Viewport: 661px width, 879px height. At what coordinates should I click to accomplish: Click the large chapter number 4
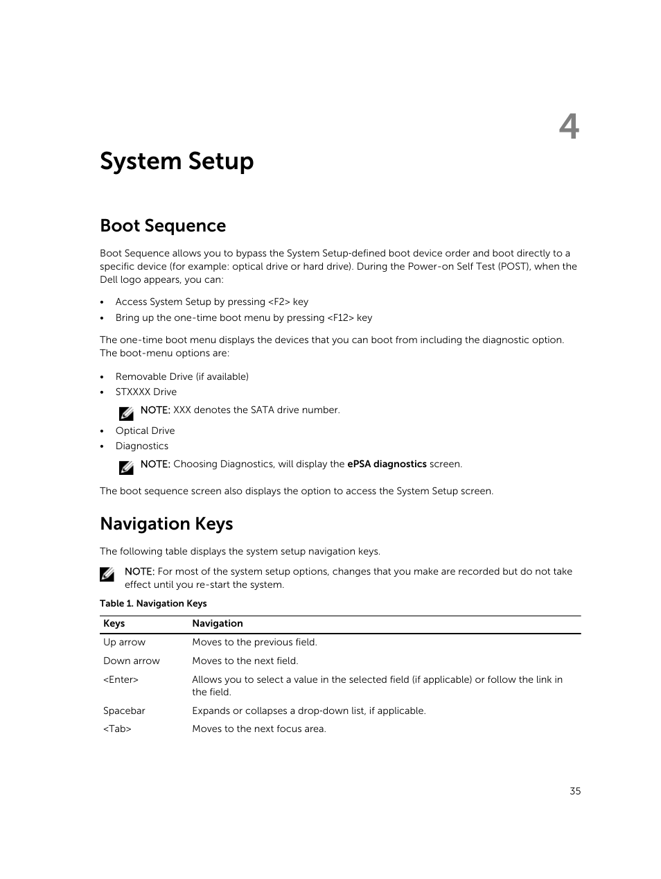(x=569, y=128)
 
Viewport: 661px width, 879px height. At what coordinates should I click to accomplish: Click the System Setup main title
(x=177, y=162)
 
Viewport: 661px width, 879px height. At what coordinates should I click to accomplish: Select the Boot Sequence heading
(x=163, y=226)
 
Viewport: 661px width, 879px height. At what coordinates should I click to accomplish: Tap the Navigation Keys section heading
(x=166, y=524)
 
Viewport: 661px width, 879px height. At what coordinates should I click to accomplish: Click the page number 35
(x=575, y=791)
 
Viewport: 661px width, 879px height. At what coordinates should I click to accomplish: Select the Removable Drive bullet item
(x=182, y=377)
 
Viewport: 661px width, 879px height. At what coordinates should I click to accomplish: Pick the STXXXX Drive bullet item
(x=146, y=392)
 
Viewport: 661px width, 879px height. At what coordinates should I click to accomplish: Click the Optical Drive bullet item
(x=145, y=431)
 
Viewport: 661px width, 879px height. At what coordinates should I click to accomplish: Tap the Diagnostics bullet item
(x=141, y=446)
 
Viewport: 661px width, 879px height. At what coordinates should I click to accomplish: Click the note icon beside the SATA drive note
(x=126, y=414)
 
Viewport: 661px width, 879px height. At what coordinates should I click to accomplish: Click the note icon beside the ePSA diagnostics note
(x=126, y=468)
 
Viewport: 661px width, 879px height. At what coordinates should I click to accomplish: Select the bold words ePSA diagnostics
(x=387, y=464)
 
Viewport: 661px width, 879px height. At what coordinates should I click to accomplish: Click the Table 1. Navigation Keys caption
(x=153, y=604)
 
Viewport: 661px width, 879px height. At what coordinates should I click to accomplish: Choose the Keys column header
(x=114, y=624)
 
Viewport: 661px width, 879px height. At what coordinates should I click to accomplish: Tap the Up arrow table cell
(x=124, y=643)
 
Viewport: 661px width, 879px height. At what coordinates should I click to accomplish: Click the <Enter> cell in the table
(x=121, y=680)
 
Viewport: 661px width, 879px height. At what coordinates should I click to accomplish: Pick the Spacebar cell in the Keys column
(x=124, y=711)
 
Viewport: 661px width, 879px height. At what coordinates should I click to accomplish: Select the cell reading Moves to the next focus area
(x=258, y=729)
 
